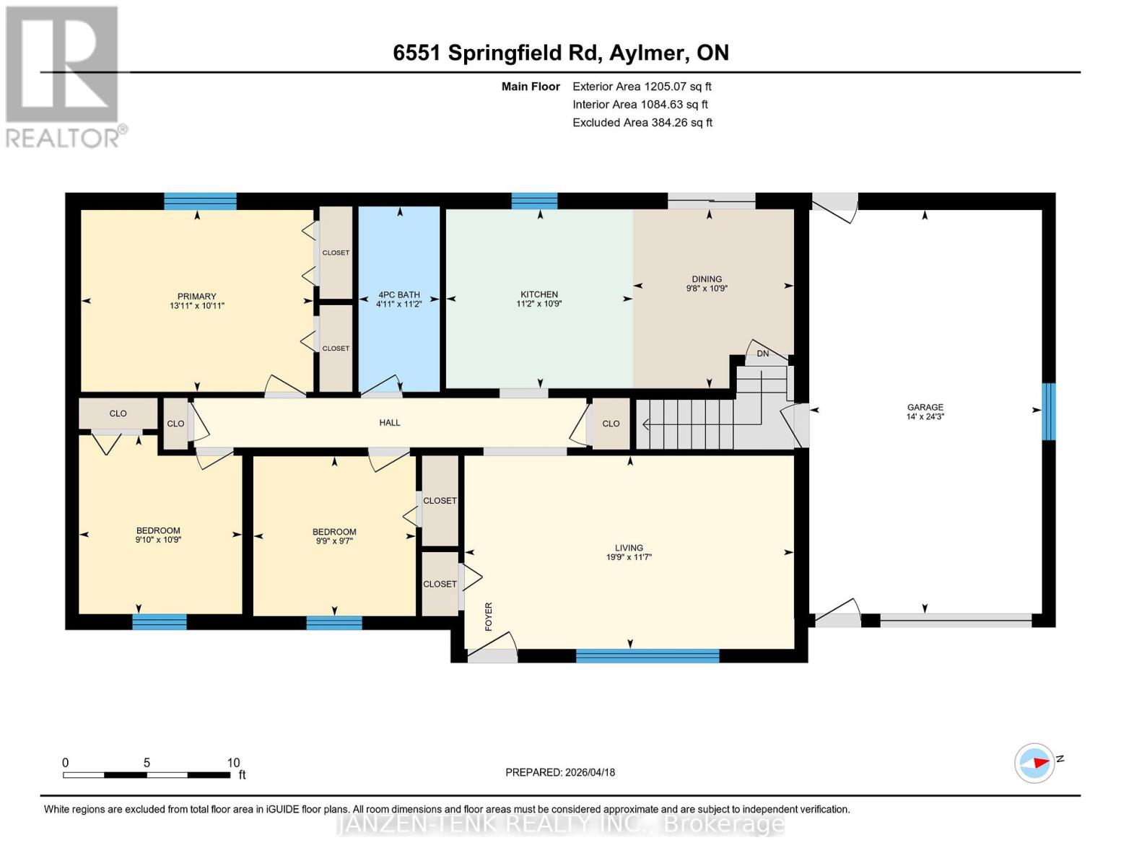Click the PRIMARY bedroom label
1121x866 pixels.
[x=196, y=296]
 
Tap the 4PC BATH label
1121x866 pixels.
[x=398, y=294]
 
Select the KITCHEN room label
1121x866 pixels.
[x=539, y=294]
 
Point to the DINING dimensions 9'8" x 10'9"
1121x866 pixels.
[x=706, y=289]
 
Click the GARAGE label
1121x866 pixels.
[x=925, y=407]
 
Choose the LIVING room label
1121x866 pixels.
[x=629, y=548]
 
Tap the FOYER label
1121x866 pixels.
[x=489, y=616]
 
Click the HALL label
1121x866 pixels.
[x=390, y=422]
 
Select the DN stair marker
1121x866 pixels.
[x=762, y=354]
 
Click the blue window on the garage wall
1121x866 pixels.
[x=1049, y=411]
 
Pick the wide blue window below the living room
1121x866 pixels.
[x=647, y=656]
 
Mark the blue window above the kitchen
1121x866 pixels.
[x=534, y=201]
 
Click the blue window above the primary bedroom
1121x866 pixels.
[x=200, y=201]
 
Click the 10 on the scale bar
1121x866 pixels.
[x=233, y=763]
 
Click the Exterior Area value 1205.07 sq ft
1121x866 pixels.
[x=677, y=87]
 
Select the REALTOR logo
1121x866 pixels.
[x=63, y=76]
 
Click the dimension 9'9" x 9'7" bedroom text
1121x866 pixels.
[x=334, y=541]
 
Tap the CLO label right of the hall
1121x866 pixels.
[x=611, y=424]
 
